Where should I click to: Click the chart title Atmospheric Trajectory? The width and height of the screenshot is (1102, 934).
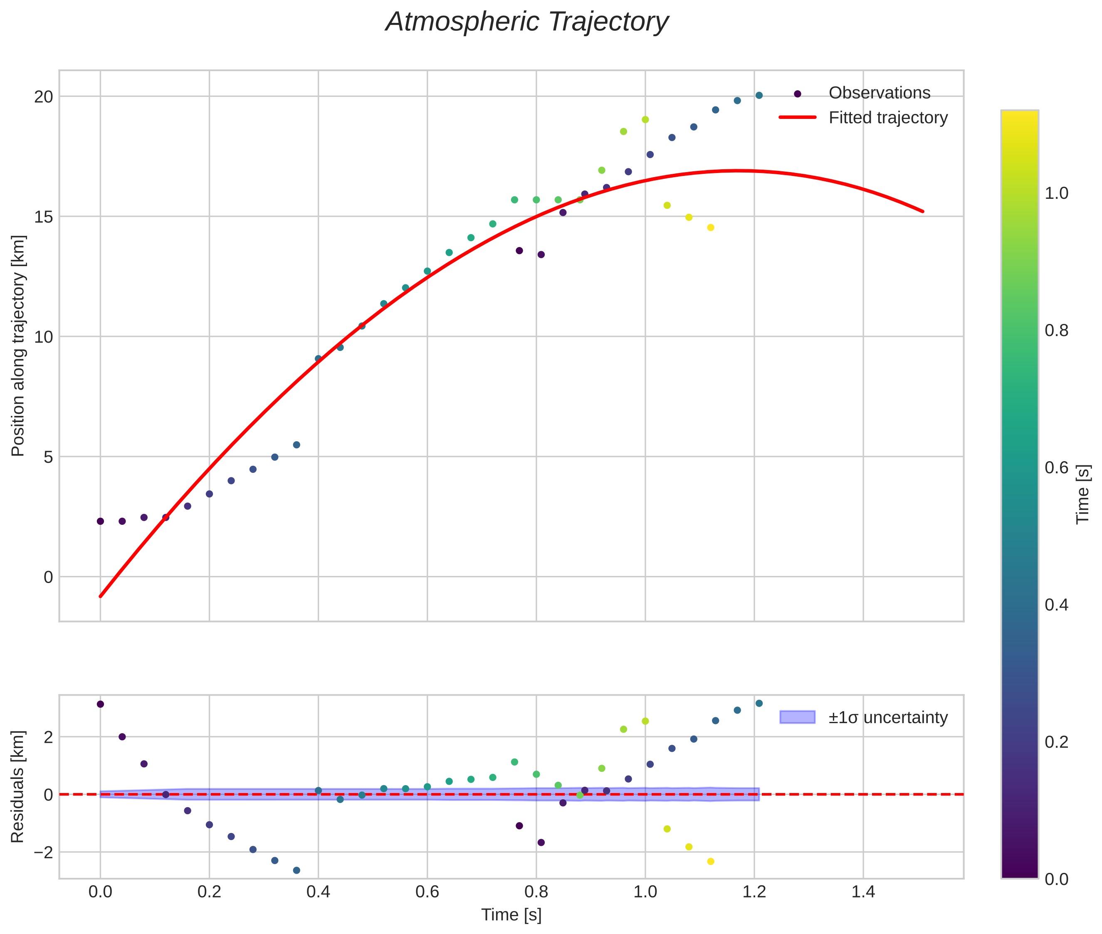pos(527,22)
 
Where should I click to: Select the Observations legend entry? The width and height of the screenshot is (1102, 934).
pos(879,93)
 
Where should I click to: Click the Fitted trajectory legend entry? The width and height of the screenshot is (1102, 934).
pos(887,118)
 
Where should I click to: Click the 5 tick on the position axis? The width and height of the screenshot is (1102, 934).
pos(48,457)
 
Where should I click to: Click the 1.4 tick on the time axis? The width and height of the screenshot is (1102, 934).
pos(863,892)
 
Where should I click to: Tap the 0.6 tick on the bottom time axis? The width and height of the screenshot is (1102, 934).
pos(427,892)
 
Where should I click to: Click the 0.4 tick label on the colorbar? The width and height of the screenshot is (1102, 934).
pos(1056,605)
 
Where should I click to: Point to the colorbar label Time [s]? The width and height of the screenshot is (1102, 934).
pos(1083,494)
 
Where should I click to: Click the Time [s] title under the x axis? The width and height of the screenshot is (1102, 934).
pos(511,915)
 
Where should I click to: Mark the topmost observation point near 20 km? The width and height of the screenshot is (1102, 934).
pos(759,95)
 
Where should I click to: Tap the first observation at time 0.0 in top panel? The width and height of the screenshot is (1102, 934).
pos(100,521)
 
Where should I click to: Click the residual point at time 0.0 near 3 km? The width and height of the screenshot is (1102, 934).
pos(100,704)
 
